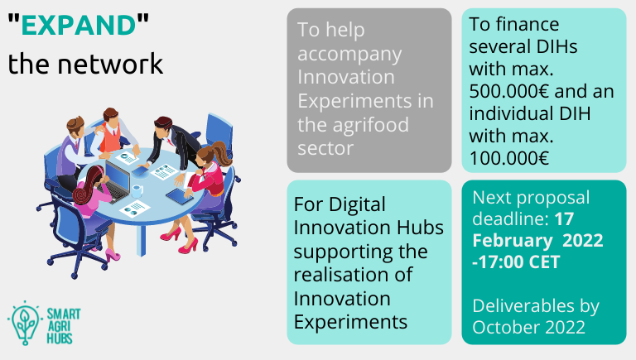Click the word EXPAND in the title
pos(79,25)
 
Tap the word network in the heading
pos(110,64)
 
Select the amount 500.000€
pos(509,91)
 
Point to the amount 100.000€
pos(509,158)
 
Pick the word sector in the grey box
pos(325,148)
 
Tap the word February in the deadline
pos(513,240)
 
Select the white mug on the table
pos(137,190)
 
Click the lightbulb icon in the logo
pos(25,323)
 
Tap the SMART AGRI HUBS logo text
pos(64,326)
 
